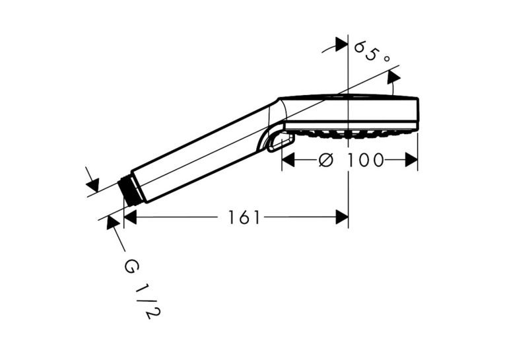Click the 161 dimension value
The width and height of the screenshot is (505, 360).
(244, 217)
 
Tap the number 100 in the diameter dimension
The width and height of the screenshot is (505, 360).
(365, 160)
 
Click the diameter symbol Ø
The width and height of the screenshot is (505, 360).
(325, 160)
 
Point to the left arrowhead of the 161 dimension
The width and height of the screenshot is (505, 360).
(131, 217)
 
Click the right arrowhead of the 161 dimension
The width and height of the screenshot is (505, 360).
(342, 217)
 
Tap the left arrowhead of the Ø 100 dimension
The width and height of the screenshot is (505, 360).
(288, 160)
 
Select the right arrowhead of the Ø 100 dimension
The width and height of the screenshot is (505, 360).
(411, 160)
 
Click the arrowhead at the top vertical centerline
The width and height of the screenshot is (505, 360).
(342, 44)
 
